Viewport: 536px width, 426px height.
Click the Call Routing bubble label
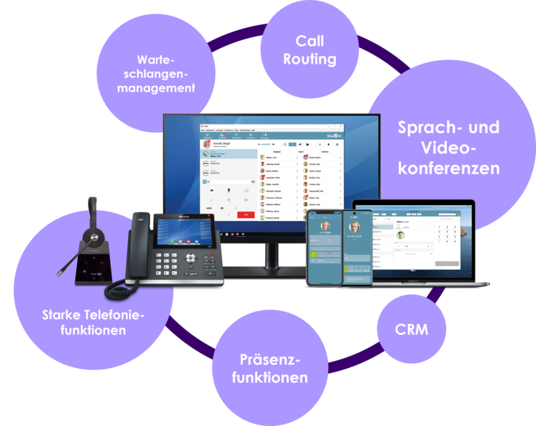[x=309, y=50]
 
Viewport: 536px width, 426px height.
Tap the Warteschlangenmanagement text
[x=156, y=74]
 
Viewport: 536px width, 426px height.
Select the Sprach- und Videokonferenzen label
[x=448, y=148]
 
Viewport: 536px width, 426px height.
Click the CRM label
[x=412, y=330]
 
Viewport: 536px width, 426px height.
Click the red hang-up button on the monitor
[x=247, y=212]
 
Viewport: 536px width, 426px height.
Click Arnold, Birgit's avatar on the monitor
[x=207, y=143]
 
